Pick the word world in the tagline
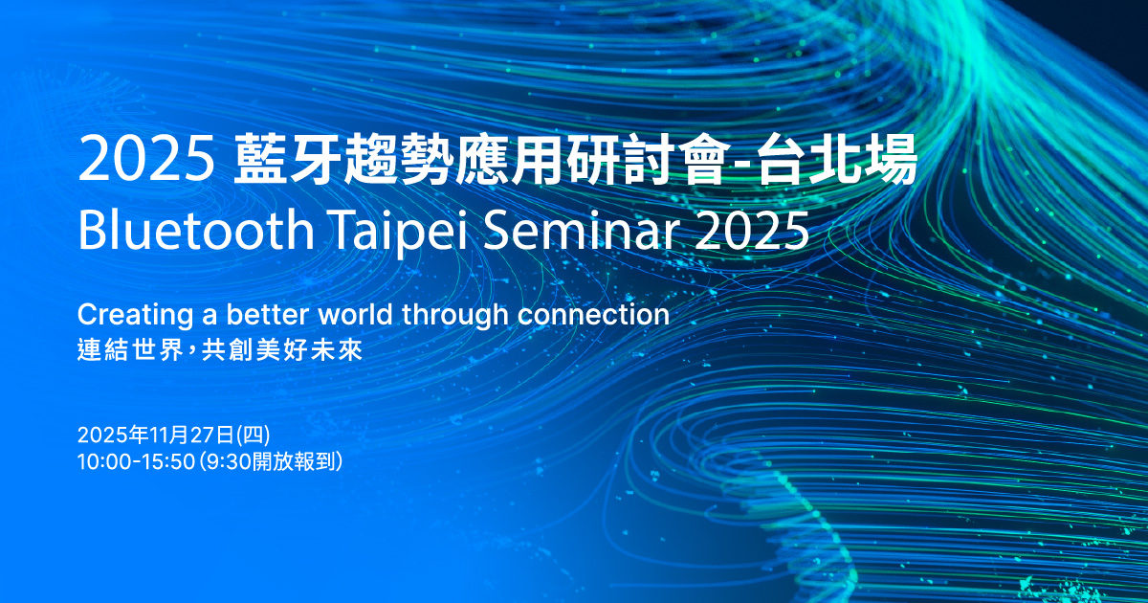pyautogui.click(x=356, y=314)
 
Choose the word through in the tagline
pyautogui.click(x=455, y=315)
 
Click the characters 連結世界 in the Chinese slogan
pyautogui.click(x=130, y=350)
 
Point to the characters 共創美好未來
pyautogui.click(x=282, y=350)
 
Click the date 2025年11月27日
pyautogui.click(x=156, y=435)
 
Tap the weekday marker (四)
pyautogui.click(x=254, y=435)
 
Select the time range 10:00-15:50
pyautogui.click(x=136, y=461)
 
